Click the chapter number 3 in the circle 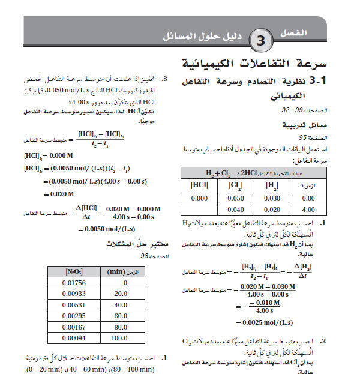(262, 41)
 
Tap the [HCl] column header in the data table (199, 185)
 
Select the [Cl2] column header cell (235, 185)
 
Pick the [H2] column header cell (272, 185)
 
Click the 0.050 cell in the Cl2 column (235, 197)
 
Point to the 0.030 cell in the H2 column (272, 197)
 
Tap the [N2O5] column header (74, 271)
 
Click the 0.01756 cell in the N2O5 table (74, 283)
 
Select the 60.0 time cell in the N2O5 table (121, 316)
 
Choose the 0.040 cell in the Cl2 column (235, 210)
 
